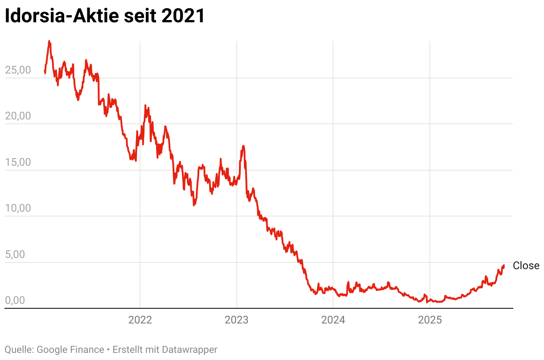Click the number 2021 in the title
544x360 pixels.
point(183,16)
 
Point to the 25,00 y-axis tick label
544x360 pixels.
point(18,70)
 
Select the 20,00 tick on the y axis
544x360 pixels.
point(18,116)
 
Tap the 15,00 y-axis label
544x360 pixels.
point(18,163)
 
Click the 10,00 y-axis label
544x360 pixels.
point(18,209)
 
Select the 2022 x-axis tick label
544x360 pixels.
point(140,320)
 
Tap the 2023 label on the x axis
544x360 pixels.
point(237,320)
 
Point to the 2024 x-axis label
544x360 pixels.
point(333,320)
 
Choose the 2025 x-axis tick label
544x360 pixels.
point(430,320)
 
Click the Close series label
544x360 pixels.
point(526,266)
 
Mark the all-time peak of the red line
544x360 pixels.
point(49,41)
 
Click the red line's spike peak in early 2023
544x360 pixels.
point(243,146)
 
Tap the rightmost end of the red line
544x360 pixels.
point(504,266)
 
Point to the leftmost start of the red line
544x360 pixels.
point(45,70)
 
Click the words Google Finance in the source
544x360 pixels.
point(70,350)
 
